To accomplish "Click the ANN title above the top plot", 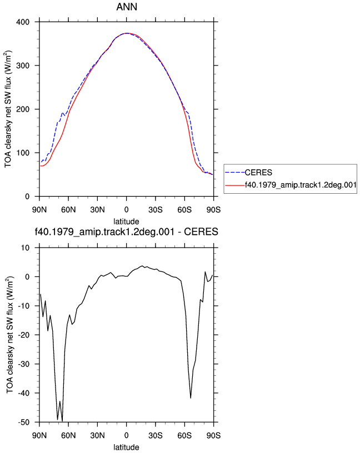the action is tap(127, 7).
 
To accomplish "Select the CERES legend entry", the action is tap(258, 173).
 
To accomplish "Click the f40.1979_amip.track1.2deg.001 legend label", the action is tap(301, 185).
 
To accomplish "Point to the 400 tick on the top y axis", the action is tap(23, 22).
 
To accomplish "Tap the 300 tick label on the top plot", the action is tap(23, 66).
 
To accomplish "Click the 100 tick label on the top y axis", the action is tap(23, 153).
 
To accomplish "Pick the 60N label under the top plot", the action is tap(68, 210).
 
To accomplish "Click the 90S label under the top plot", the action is tap(213, 210).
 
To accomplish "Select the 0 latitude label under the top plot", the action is tap(126, 210).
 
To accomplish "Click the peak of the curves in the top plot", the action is tap(126, 33).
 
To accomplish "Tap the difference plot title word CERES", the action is tap(201, 231).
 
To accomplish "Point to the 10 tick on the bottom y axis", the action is tap(25, 248).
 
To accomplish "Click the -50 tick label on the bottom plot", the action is tap(24, 422).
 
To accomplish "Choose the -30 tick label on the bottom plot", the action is tap(24, 364).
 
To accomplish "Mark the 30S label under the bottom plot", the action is tap(156, 435).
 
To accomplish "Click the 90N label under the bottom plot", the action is tap(39, 435).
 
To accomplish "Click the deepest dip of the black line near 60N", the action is tap(62, 421).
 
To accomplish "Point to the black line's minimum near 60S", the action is tap(191, 398).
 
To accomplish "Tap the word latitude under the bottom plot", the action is tap(126, 447).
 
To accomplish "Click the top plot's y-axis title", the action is tap(8, 109).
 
